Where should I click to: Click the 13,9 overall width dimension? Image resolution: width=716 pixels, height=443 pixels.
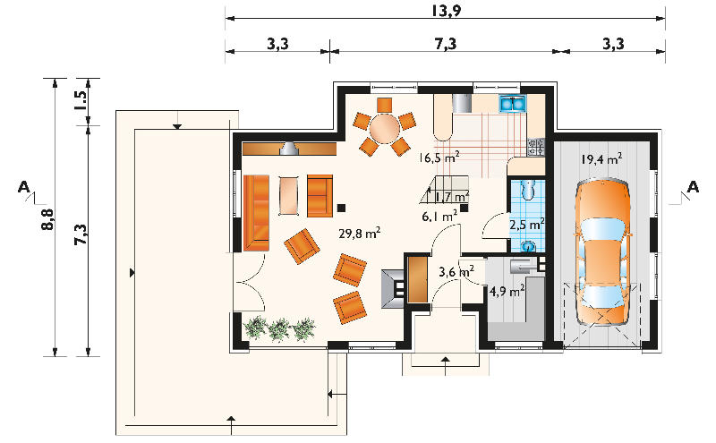pos(446,10)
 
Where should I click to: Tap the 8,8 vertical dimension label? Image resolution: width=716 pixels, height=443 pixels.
pos(48,219)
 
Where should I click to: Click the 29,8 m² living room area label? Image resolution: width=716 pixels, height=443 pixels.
pos(360,234)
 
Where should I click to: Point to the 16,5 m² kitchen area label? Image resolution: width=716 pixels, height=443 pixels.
pos(439,158)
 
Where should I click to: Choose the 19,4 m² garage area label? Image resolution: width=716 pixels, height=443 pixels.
pos(601,159)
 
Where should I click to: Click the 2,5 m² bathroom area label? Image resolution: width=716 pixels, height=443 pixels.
pos(526,225)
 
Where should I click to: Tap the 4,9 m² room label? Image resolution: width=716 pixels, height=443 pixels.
pos(507,291)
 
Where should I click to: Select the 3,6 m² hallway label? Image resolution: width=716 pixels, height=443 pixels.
pos(456,272)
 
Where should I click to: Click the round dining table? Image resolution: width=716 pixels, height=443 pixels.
pos(385,128)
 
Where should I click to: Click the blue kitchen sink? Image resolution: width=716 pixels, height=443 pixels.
pos(512,104)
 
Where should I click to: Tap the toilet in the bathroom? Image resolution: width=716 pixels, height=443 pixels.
pos(528,190)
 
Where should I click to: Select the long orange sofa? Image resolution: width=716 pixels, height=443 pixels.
pos(256,213)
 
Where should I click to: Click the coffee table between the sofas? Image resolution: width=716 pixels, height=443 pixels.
pos(288,195)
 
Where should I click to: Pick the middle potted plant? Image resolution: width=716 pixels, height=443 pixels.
pos(279,329)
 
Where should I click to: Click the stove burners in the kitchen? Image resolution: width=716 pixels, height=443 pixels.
pos(536,147)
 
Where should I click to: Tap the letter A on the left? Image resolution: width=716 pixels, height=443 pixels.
pos(24,187)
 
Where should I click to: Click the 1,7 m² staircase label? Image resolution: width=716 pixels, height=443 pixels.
pos(451,197)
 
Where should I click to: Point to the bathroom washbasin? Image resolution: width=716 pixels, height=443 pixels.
pos(529,246)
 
